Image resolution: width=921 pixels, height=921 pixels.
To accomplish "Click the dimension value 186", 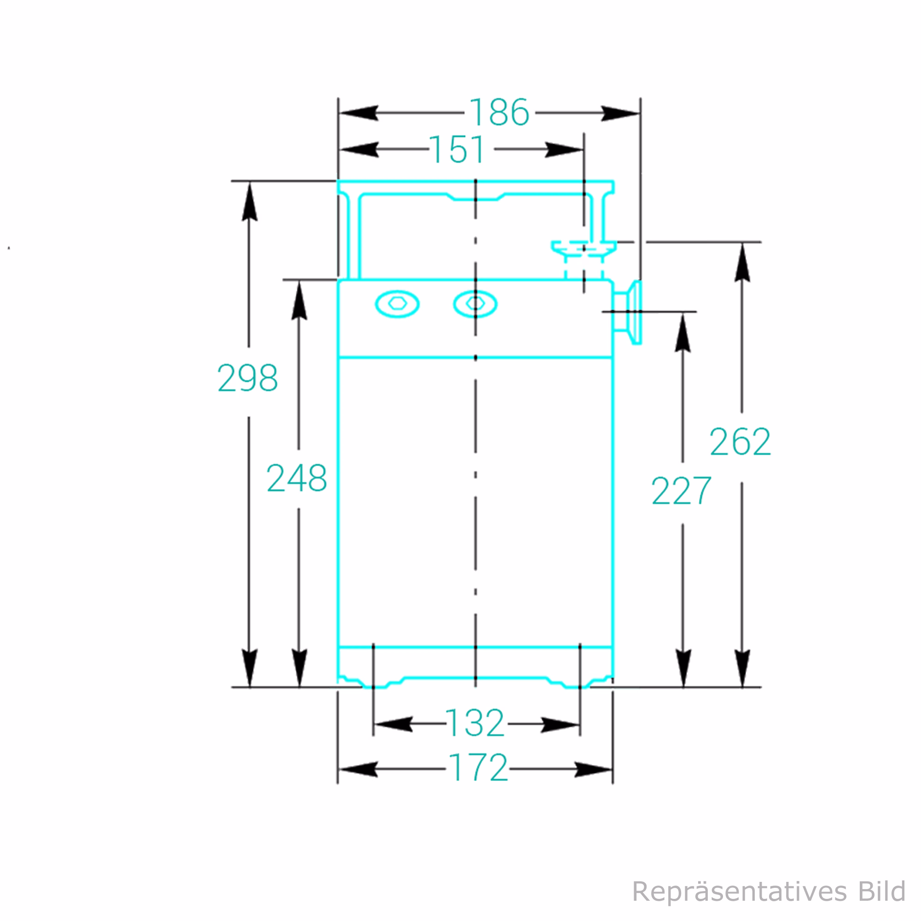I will [499, 112].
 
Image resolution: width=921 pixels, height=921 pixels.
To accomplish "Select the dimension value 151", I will [457, 149].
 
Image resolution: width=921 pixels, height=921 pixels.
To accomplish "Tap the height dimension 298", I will [247, 378].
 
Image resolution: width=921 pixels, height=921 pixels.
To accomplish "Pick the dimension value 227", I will [681, 490].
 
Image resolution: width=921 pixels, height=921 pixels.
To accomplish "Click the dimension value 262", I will [740, 442].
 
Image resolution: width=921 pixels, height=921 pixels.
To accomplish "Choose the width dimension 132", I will [475, 723].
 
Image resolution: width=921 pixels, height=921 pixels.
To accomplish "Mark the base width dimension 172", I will [478, 768].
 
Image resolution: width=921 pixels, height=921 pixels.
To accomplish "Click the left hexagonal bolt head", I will [397, 303].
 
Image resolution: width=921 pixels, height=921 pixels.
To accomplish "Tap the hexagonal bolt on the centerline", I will [475, 303].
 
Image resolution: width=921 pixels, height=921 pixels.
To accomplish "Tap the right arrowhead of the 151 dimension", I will [565, 149].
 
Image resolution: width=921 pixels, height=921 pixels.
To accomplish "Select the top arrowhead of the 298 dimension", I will [249, 203].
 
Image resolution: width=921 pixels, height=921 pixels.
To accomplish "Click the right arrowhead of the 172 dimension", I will [594, 769].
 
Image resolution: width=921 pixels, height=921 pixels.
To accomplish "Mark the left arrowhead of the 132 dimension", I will [393, 724].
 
